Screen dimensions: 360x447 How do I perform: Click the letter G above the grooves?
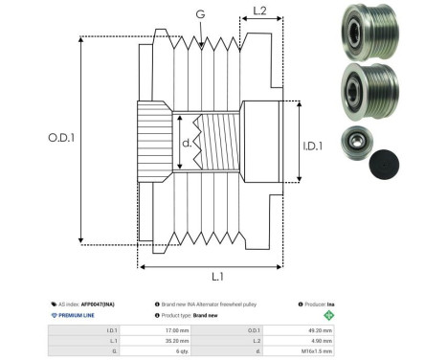click(199, 15)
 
